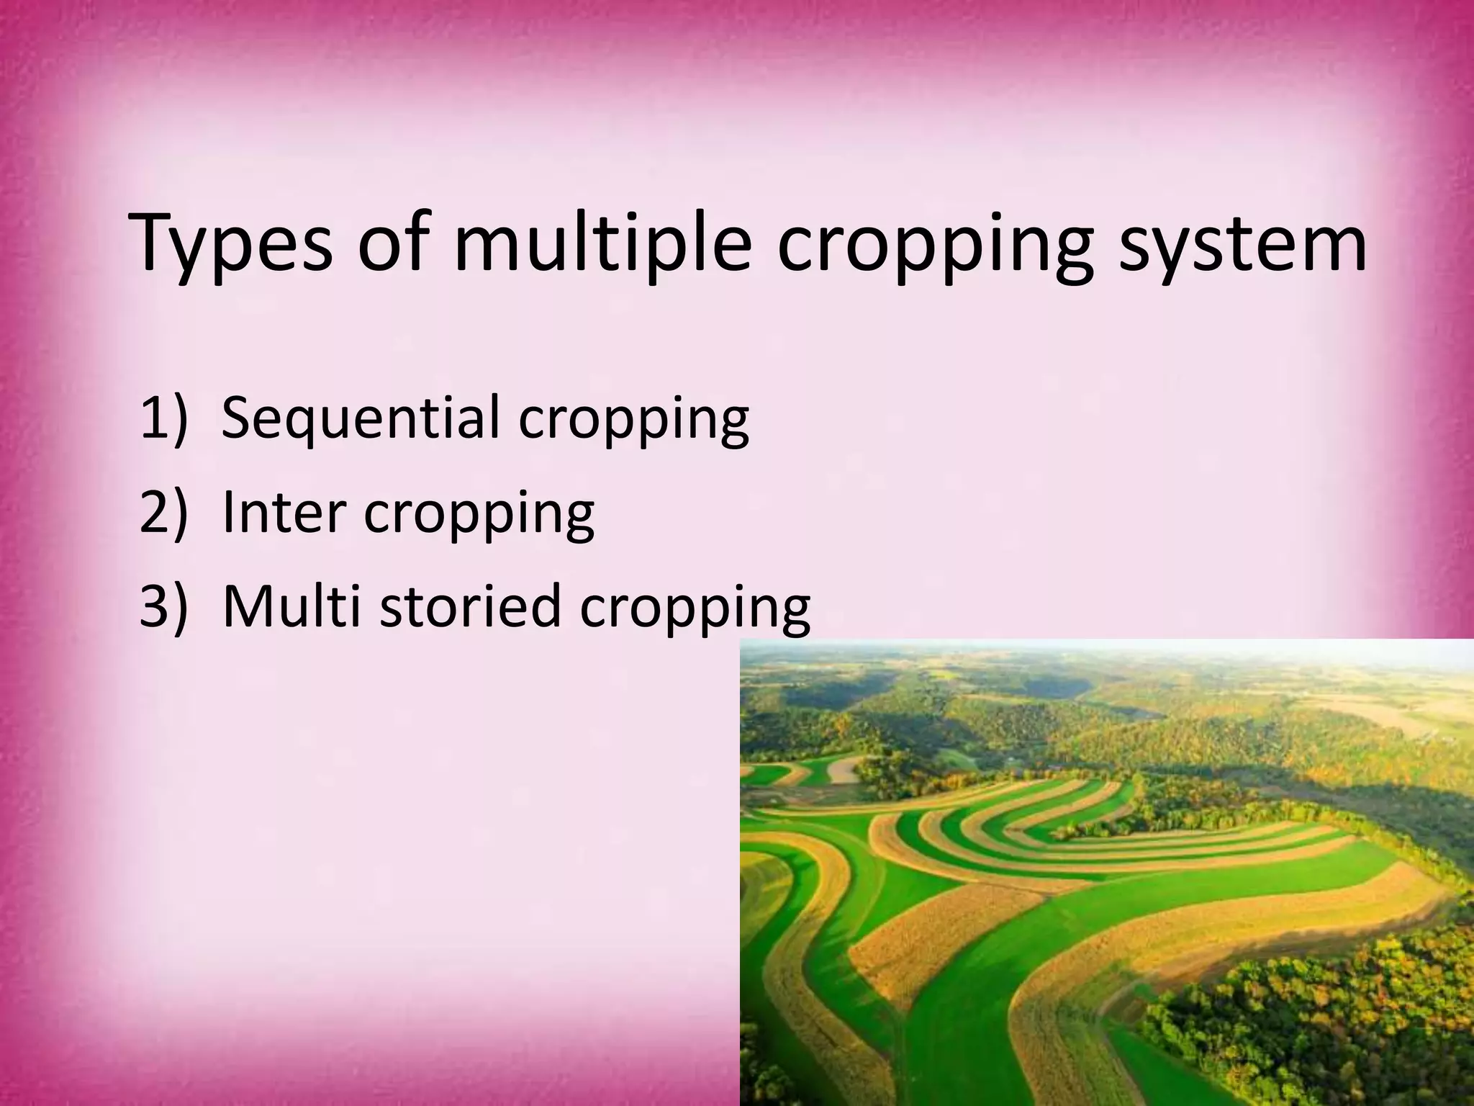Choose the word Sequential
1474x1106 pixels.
[361, 419]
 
